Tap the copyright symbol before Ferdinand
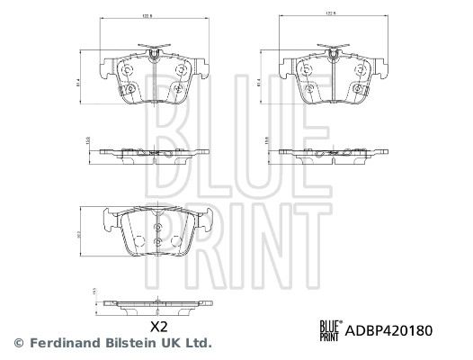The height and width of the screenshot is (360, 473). coord(18,343)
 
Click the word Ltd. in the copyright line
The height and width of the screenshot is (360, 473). coord(197,343)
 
